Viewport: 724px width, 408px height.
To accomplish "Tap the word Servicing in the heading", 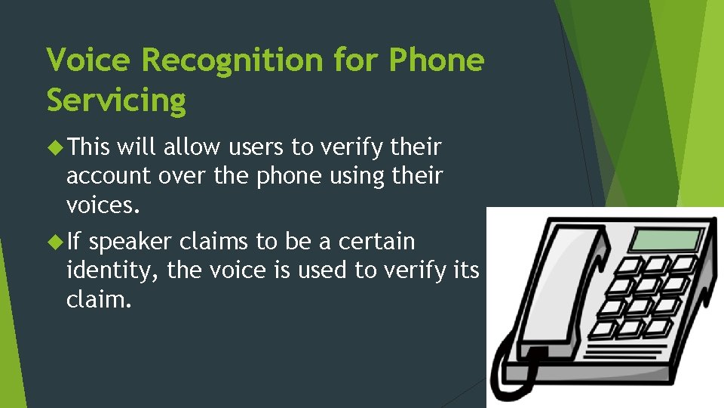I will pos(116,100).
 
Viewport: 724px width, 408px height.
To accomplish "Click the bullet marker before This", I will pos(54,145).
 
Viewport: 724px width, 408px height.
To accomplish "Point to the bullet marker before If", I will pos(54,242).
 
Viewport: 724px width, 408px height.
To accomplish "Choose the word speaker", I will pos(131,242).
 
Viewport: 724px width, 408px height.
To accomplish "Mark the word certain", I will pos(377,242).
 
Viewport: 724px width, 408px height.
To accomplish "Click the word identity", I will pos(109,270).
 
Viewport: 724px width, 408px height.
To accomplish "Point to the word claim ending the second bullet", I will pos(97,299).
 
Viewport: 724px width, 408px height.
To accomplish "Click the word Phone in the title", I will pos(436,59).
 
